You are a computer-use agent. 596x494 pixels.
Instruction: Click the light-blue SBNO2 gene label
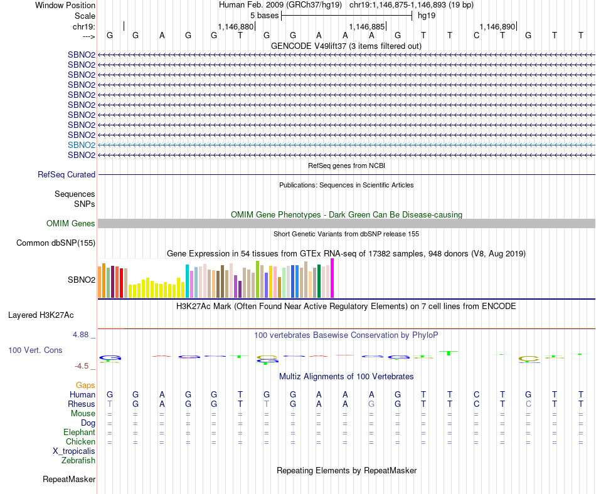(82, 145)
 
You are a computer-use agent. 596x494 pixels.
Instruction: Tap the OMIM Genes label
(71, 223)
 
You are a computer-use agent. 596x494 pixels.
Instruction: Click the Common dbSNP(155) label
(56, 243)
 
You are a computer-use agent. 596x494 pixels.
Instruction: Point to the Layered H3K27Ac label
(45, 315)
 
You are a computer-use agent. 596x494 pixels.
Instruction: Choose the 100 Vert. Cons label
(35, 350)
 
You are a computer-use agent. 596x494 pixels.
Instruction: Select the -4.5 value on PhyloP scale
(82, 366)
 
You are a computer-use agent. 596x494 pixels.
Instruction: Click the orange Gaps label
(85, 385)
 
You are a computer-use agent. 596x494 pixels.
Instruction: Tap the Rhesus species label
(82, 404)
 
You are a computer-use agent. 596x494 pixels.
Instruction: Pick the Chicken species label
(80, 442)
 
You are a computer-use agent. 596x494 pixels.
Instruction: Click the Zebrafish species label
(78, 461)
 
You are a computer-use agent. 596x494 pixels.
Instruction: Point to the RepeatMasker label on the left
(69, 480)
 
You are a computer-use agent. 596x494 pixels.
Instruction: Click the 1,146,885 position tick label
(366, 27)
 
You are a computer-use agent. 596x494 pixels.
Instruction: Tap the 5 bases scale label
(264, 15)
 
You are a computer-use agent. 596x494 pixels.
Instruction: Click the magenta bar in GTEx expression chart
(333, 278)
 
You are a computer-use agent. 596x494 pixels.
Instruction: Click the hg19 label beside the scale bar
(427, 15)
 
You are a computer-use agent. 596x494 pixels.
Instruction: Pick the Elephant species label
(79, 433)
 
